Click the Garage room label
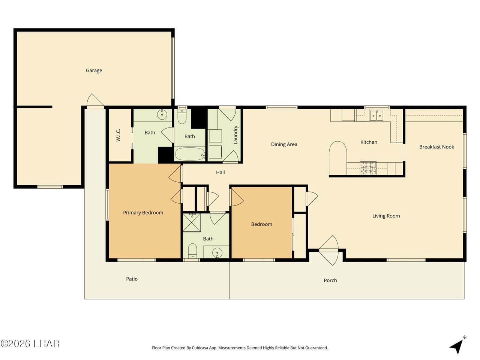(x=94, y=70)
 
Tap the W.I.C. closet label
(x=118, y=135)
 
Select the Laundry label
(x=235, y=135)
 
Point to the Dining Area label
(x=284, y=144)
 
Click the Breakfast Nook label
(x=436, y=147)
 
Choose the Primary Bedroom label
(x=143, y=213)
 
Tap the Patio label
(x=132, y=279)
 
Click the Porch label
(x=330, y=280)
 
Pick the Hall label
(x=220, y=172)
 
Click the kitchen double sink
(x=376, y=115)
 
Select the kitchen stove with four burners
(x=368, y=168)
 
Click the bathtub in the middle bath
(x=190, y=154)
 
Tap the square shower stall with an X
(x=192, y=222)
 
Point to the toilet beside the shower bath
(x=192, y=250)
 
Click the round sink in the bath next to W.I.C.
(x=162, y=114)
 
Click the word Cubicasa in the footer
(x=200, y=348)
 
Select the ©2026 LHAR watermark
(x=30, y=344)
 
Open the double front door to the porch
(x=328, y=250)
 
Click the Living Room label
(x=386, y=216)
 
